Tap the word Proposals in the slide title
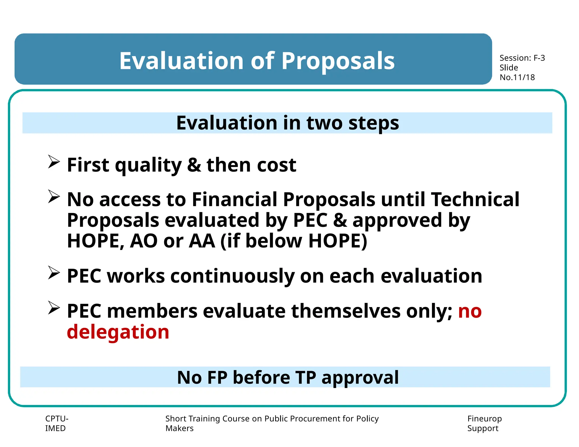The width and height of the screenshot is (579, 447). (x=338, y=61)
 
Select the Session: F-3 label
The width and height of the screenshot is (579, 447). (x=522, y=58)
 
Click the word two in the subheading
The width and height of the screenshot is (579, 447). (x=324, y=123)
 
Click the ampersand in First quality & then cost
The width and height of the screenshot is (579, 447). (x=194, y=165)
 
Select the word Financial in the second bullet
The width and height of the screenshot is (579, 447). (x=234, y=199)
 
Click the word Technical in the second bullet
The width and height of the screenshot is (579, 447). (x=475, y=199)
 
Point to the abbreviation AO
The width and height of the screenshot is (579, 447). (x=144, y=241)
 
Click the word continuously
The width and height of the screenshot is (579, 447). (x=232, y=276)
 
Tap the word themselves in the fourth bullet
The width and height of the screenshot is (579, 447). (x=346, y=311)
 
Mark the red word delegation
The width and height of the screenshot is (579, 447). (x=118, y=332)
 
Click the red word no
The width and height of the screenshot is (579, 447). (x=470, y=311)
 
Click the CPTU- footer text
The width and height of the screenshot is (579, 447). (x=57, y=418)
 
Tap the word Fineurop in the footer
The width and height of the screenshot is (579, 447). (x=484, y=418)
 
